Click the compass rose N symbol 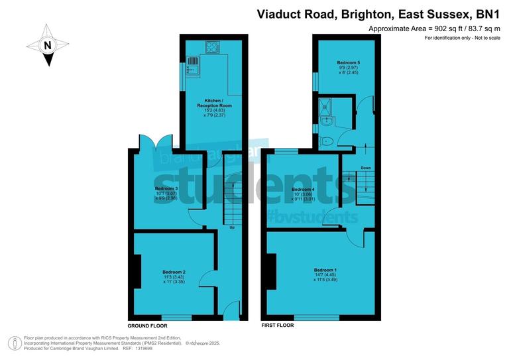pos(47,46)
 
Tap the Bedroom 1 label pos(325,270)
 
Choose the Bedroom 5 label pos(348,62)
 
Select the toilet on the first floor pos(326,141)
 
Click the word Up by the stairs pos(231,228)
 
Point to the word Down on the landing pos(366,168)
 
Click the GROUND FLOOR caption pos(147,326)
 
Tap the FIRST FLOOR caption pos(278,326)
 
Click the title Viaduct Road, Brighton pos(318,13)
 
